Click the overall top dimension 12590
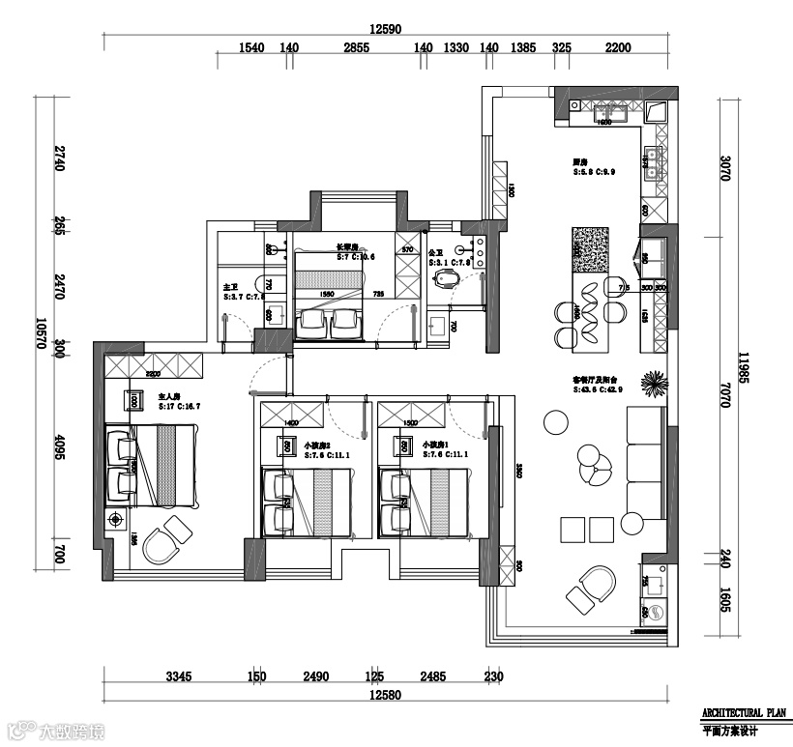tap(386, 29)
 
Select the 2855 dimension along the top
tap(356, 48)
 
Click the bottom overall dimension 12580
tap(386, 695)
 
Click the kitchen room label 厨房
tap(581, 161)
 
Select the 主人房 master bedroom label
tap(170, 396)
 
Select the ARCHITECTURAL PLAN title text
tap(743, 712)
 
